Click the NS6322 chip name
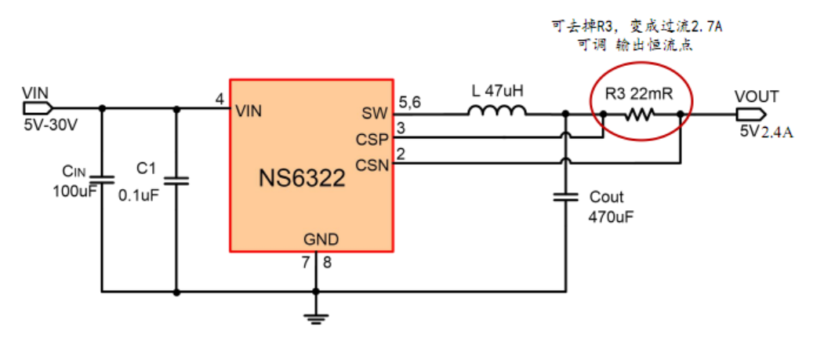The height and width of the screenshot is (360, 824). (302, 179)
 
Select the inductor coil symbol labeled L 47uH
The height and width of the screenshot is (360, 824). (497, 115)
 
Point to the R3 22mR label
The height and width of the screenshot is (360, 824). (640, 95)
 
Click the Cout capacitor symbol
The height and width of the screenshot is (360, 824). (565, 196)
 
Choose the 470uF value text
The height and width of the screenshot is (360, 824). (611, 216)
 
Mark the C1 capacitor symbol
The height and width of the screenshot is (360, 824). (176, 181)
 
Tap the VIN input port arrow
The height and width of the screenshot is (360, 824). (38, 107)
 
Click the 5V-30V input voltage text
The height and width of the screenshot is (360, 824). (49, 125)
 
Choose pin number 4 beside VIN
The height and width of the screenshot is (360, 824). (220, 100)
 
